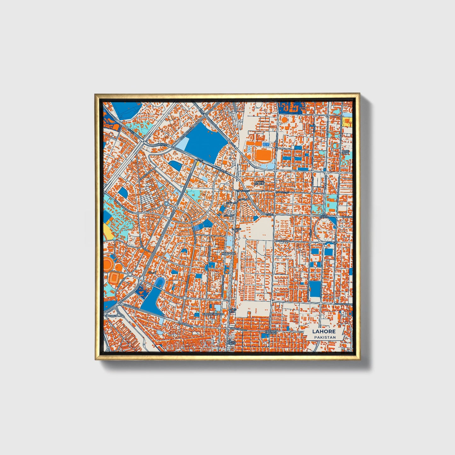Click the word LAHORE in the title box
[324, 332]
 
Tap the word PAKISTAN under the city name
[324, 337]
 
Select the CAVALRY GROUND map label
[270, 332]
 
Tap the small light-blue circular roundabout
[166, 204]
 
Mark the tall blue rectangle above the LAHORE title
[314, 289]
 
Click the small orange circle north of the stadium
[284, 120]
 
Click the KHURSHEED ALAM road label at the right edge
[345, 304]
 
